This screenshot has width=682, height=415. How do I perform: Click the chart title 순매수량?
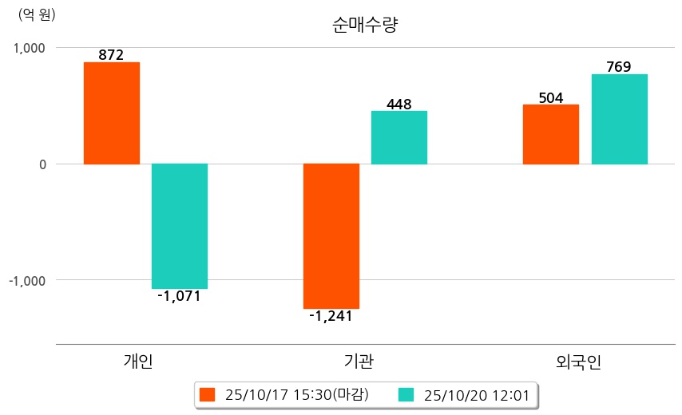click(365, 25)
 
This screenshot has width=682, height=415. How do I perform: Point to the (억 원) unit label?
click(38, 14)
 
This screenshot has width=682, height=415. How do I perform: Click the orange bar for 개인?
click(112, 113)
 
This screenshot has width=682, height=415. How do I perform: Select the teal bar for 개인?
click(180, 226)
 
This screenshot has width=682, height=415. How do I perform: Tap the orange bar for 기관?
click(331, 235)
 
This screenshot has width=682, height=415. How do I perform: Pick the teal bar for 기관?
click(399, 137)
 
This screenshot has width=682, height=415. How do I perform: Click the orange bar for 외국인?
click(551, 134)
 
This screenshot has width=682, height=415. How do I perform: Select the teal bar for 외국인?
click(620, 119)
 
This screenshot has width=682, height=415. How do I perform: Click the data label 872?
click(111, 55)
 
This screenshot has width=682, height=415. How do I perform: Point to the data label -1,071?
click(179, 296)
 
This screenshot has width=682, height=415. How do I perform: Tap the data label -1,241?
click(331, 316)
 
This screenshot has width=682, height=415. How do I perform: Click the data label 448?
click(398, 104)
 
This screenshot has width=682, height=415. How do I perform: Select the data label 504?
click(550, 98)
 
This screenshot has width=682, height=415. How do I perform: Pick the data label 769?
click(619, 67)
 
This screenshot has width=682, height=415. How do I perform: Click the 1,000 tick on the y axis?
click(30, 48)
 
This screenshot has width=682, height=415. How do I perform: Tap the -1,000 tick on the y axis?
click(27, 281)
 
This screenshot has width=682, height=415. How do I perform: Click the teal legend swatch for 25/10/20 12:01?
click(406, 394)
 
